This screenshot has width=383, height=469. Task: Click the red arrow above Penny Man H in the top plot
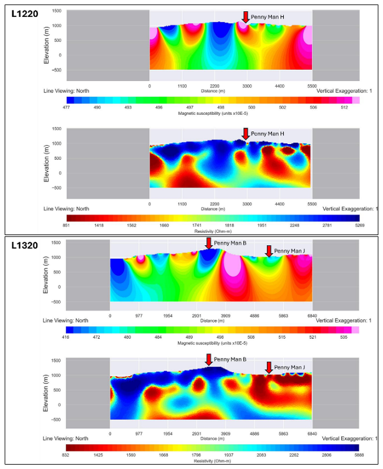[x=246, y=17]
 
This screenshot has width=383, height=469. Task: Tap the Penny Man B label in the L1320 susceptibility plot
[x=230, y=243]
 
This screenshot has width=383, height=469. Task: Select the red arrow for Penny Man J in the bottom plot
[x=269, y=368]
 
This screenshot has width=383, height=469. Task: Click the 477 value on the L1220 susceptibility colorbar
[x=70, y=107]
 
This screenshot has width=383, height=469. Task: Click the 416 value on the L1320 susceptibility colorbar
[x=70, y=337]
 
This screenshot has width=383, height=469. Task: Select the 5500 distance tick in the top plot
[x=312, y=85]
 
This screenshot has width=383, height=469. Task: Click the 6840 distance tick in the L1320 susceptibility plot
[x=312, y=316]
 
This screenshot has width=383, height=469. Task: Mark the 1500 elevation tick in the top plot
[x=56, y=11]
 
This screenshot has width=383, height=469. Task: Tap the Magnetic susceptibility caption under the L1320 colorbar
[x=213, y=343]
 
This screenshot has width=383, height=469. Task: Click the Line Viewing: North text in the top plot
[x=65, y=91]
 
